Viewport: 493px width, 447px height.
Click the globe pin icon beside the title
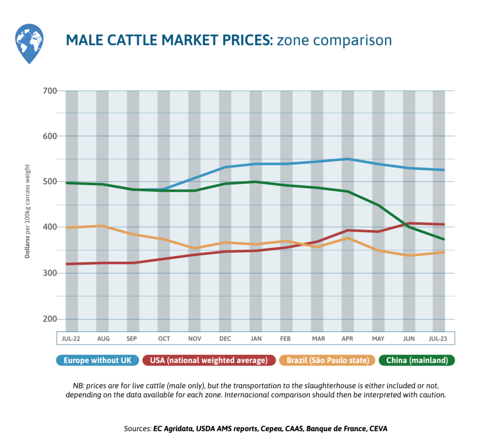coord(29,43)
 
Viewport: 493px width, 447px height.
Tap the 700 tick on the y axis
coord(50,91)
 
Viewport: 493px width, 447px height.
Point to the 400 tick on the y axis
coord(50,227)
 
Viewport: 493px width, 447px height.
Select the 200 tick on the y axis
coord(50,319)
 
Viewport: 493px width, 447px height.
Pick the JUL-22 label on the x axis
coord(71,339)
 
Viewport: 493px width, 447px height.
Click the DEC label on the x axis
coord(225,339)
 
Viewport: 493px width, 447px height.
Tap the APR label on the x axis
coord(347,339)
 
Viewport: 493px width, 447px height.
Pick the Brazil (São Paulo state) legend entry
coord(328,360)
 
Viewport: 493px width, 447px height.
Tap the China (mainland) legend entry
coord(417,360)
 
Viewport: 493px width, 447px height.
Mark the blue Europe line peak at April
coord(347,159)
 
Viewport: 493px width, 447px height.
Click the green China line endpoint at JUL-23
coord(443,239)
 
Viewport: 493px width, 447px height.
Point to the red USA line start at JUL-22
coord(66,264)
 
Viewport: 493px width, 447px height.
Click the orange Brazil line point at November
coord(195,248)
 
